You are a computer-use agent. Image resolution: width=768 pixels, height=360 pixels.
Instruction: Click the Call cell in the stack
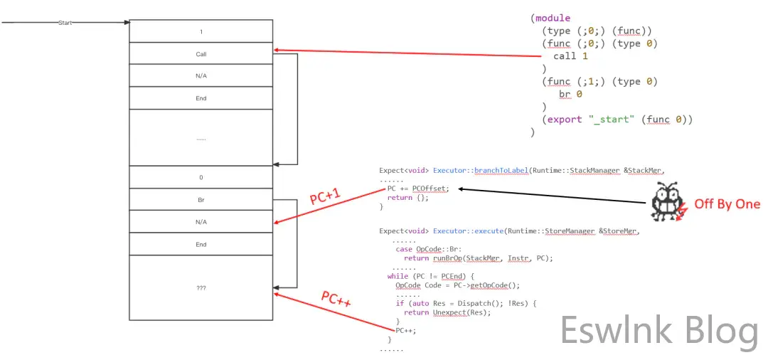[x=201, y=54]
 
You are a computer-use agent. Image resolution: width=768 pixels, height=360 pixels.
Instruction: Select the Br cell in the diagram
[x=201, y=200]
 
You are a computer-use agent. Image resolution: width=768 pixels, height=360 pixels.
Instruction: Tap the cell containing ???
[x=201, y=288]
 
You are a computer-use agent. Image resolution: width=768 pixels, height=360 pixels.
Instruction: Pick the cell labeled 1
[x=201, y=32]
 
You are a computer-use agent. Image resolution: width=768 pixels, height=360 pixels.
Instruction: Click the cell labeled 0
[x=201, y=177]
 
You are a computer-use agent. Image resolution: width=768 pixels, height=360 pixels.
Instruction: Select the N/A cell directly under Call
[x=201, y=76]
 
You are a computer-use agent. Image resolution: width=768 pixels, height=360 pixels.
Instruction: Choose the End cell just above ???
[x=201, y=244]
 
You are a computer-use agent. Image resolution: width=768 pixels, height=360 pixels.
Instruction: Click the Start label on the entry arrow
[x=64, y=23]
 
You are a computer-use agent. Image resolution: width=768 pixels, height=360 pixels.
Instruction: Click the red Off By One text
[x=727, y=204]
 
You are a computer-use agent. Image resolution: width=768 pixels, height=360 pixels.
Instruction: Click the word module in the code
[x=553, y=18]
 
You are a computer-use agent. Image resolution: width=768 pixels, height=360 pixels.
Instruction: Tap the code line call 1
[x=570, y=56]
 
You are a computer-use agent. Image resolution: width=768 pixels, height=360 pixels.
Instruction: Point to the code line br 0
[x=570, y=94]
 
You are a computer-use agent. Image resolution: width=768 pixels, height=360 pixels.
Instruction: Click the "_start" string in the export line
[x=612, y=120]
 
